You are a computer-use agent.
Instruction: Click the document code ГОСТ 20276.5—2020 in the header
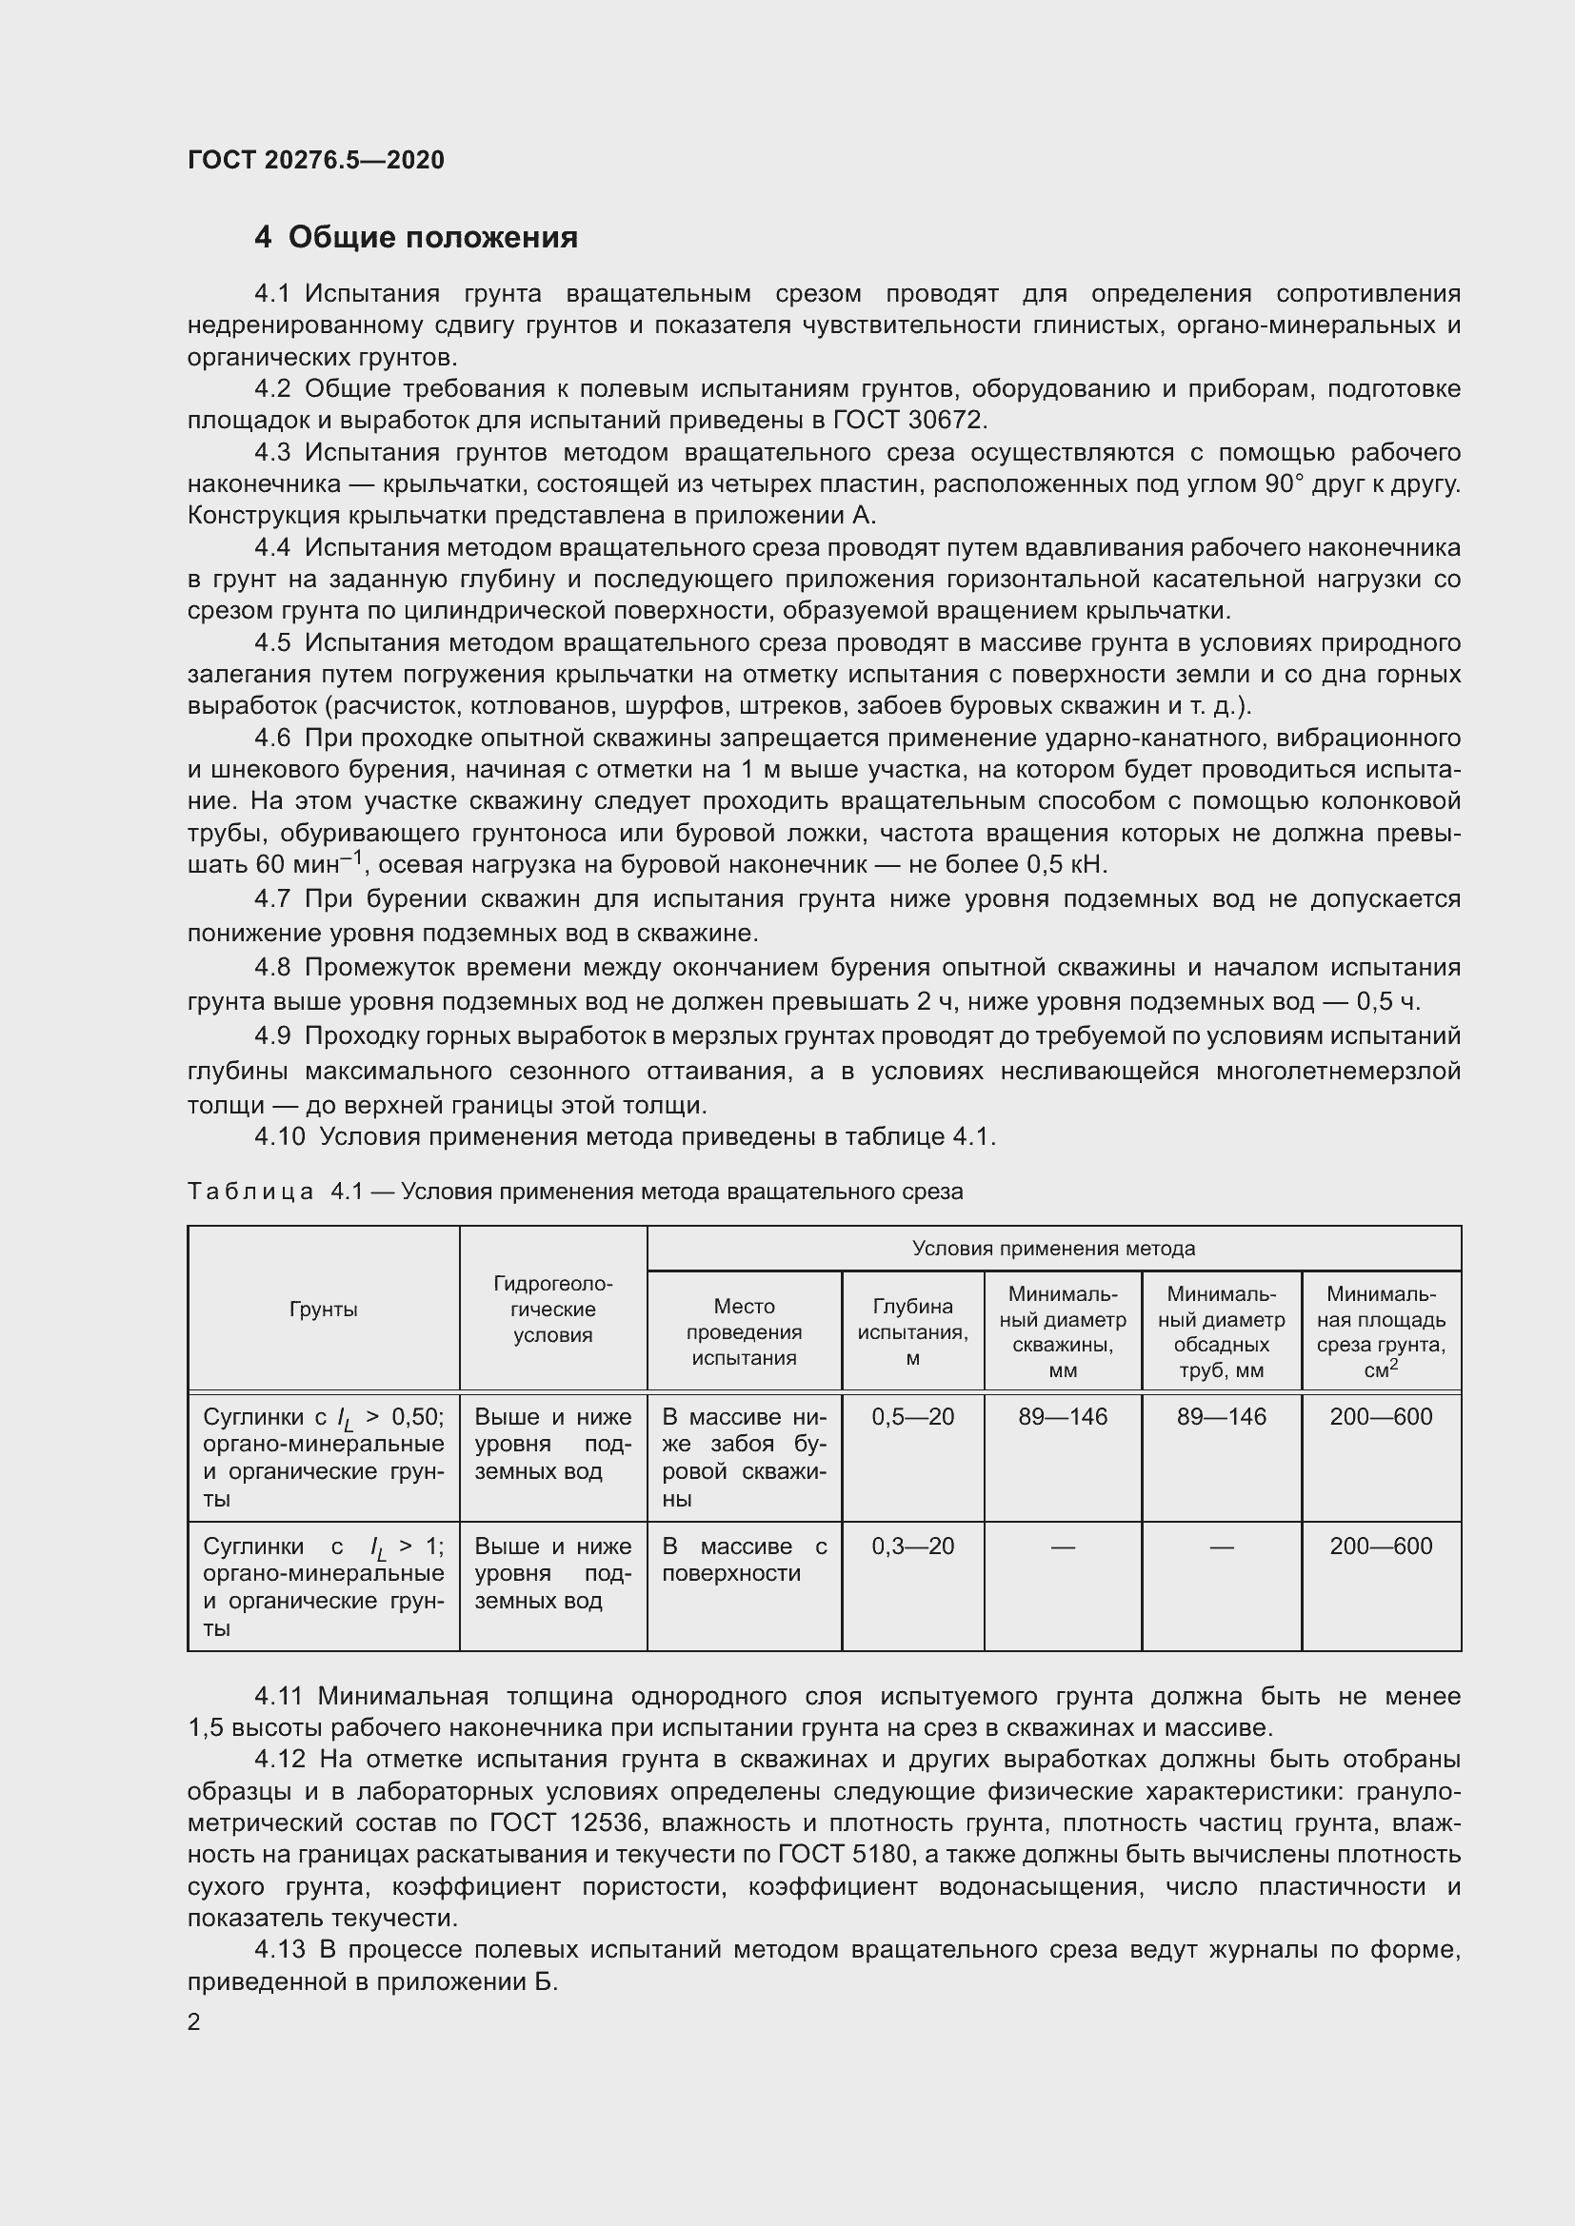[x=315, y=160]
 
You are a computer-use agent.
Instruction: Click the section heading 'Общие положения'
[x=432, y=238]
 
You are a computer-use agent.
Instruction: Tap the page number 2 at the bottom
[x=194, y=2022]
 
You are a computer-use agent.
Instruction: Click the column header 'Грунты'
[x=323, y=1310]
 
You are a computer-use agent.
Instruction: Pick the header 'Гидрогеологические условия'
[x=553, y=1310]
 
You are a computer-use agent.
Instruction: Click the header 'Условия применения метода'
[x=1053, y=1249]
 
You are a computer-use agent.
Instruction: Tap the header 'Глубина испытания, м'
[x=912, y=1332]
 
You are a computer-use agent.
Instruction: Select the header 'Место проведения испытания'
[x=744, y=1332]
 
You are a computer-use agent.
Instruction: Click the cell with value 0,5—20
[x=912, y=1417]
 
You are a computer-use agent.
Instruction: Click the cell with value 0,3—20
[x=912, y=1546]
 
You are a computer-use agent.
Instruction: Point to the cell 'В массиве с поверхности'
[x=744, y=1559]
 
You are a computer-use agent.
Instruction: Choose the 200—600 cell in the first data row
[x=1380, y=1417]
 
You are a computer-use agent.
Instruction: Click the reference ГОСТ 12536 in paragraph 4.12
[x=568, y=1822]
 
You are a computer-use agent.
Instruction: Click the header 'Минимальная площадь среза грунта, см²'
[x=1380, y=1332]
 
